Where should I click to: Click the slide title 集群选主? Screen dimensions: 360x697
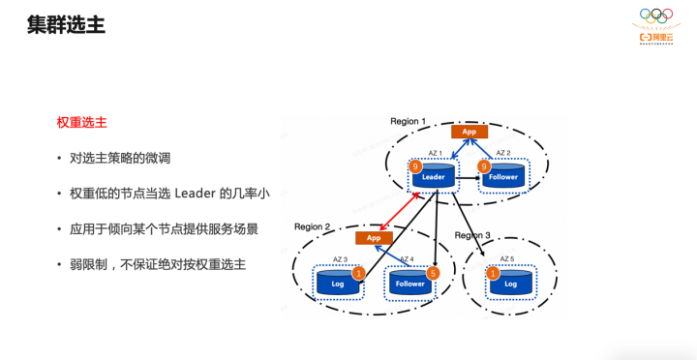tap(66, 24)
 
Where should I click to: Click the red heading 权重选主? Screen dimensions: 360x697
tap(81, 123)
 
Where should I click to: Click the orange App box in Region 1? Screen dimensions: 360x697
tap(469, 132)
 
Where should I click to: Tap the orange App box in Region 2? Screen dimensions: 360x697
tap(374, 237)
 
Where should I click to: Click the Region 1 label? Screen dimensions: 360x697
tap(408, 121)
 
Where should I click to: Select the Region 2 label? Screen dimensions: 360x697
tap(313, 226)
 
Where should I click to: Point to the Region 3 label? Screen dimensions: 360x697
tap(472, 235)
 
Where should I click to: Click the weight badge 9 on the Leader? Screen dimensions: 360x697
tap(415, 166)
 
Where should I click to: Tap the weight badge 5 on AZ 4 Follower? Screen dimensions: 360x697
tap(433, 274)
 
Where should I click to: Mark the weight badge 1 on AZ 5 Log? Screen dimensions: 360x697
tap(493, 274)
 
